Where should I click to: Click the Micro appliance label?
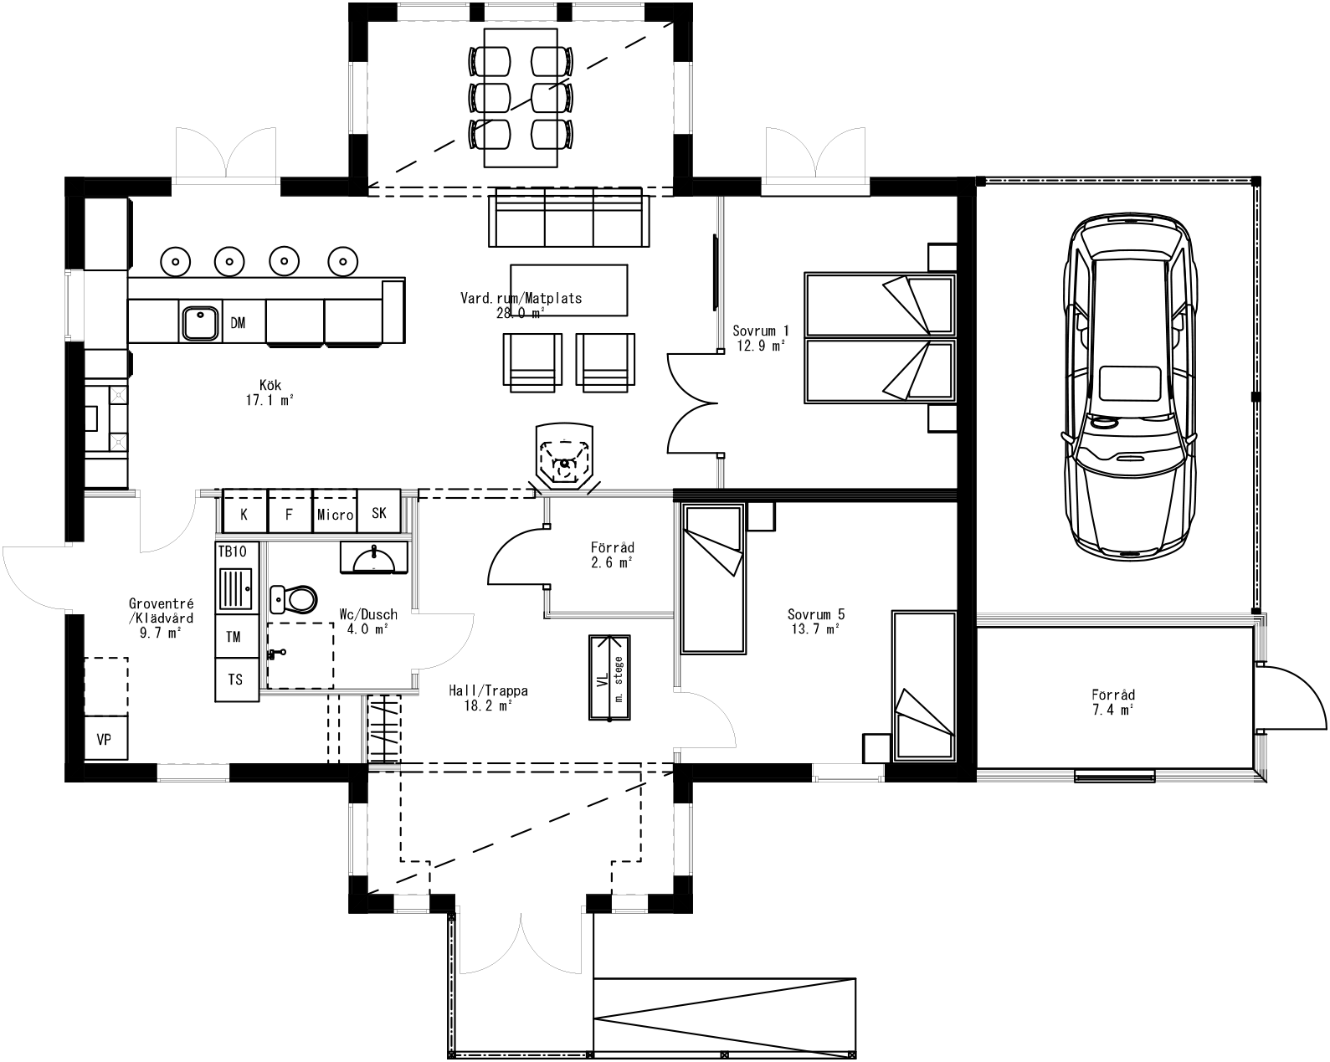click(335, 515)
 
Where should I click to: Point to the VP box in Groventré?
click(105, 739)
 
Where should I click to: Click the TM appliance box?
click(234, 637)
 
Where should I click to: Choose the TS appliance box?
click(236, 680)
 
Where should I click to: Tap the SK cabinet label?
click(379, 513)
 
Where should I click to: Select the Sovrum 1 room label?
click(760, 337)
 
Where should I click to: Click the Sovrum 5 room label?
click(814, 620)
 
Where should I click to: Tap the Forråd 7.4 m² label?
click(1113, 702)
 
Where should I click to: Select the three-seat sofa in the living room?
click(569, 217)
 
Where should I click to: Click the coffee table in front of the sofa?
click(568, 290)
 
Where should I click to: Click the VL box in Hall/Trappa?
click(609, 676)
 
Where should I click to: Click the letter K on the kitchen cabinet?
click(244, 515)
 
